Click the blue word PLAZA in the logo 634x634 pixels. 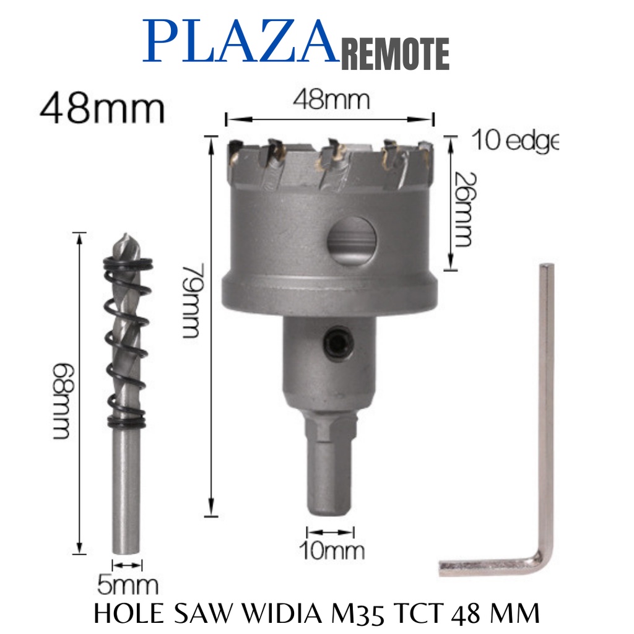click(241, 41)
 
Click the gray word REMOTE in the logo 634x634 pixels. click(395, 54)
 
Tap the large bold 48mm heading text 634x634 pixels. click(102, 108)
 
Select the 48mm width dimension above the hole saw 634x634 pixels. click(331, 100)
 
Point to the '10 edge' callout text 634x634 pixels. click(515, 140)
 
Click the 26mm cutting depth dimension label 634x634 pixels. click(464, 209)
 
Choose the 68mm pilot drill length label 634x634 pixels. click(63, 401)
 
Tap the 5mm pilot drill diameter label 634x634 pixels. click(128, 585)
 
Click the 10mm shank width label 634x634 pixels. click(332, 550)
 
